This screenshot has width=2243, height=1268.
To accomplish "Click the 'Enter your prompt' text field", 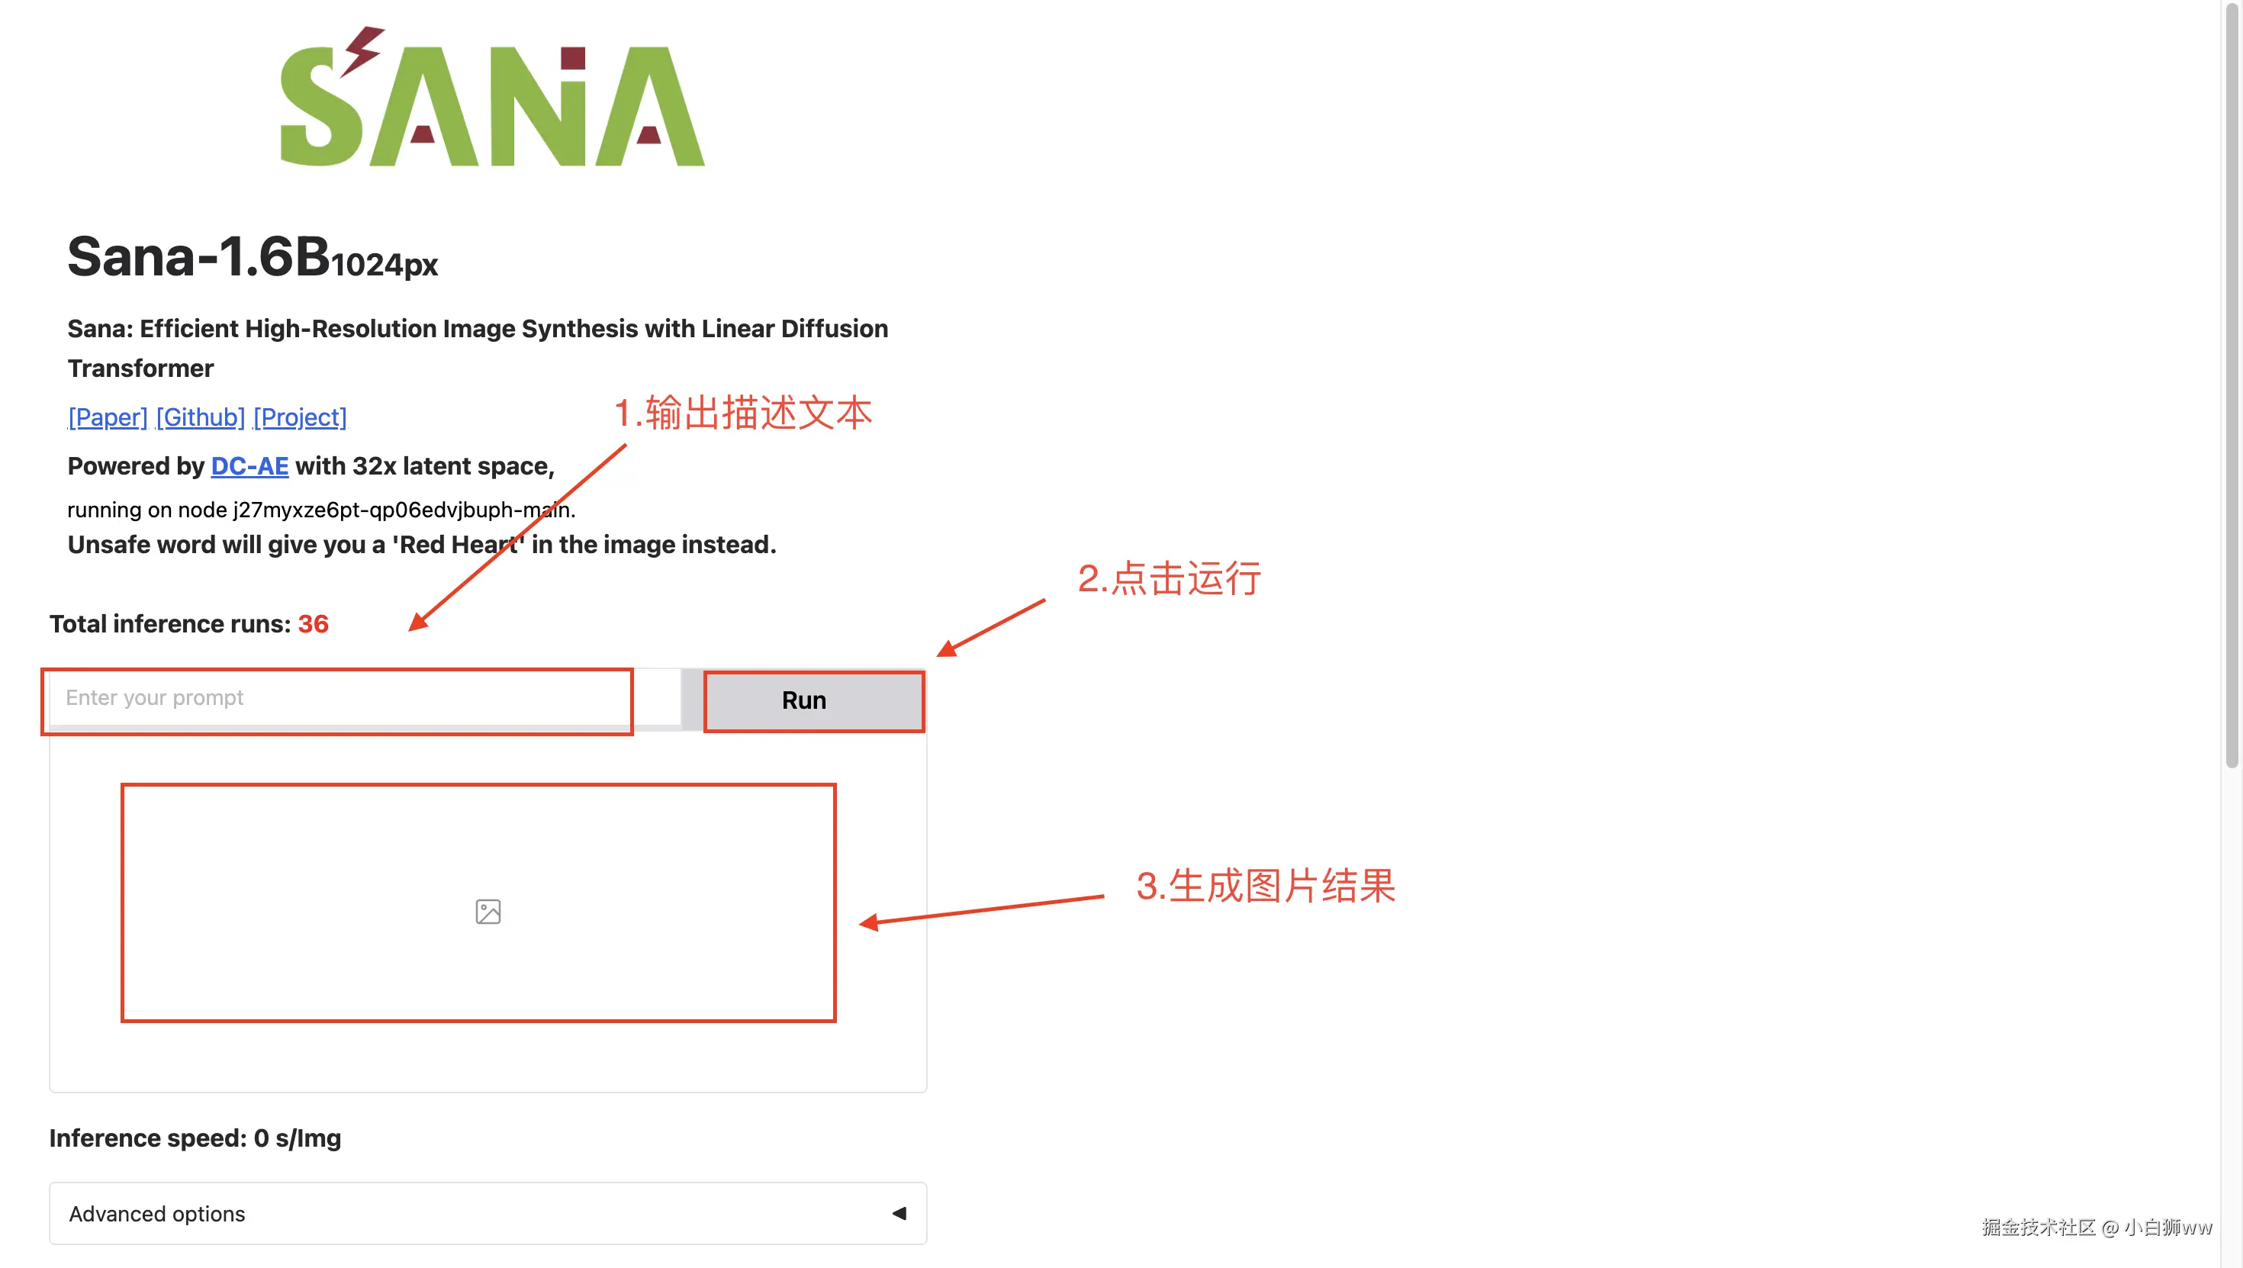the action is (340, 698).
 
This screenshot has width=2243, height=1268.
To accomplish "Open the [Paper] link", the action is (108, 418).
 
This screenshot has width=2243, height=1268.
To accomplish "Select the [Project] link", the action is (300, 418).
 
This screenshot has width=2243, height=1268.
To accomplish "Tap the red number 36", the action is (314, 624).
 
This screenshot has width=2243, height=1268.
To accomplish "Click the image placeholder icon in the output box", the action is (488, 912).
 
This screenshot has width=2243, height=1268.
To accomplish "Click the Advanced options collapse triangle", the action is (899, 1213).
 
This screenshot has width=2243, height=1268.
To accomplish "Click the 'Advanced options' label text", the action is (156, 1214).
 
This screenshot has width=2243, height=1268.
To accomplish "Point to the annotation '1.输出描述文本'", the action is (743, 413).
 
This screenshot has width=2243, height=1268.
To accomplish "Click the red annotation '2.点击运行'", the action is (1169, 579).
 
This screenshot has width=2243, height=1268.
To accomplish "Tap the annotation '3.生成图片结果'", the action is (1265, 887).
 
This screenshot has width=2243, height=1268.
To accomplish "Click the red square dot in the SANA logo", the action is (573, 58).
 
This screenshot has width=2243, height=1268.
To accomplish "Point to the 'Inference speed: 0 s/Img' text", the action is (195, 1138).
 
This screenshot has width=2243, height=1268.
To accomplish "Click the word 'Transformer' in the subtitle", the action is (140, 369).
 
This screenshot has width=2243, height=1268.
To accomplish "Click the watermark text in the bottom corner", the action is (2096, 1228).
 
